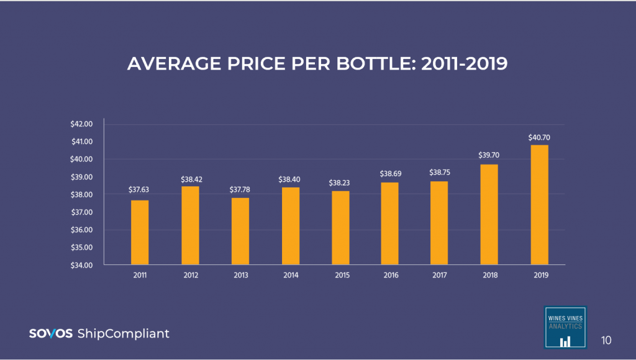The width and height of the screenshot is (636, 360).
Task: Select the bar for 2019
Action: [539, 205]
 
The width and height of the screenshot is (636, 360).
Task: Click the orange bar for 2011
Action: [140, 233]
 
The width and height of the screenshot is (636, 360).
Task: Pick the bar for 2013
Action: [240, 232]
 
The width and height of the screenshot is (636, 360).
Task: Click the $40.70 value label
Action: [539, 137]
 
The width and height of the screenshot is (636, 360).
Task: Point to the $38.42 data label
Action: [191, 179]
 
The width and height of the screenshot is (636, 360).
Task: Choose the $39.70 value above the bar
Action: [489, 155]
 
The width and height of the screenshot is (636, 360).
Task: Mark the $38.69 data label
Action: [390, 174]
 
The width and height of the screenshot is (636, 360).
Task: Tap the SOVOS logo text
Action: [51, 334]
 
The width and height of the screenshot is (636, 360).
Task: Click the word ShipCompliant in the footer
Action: [123, 334]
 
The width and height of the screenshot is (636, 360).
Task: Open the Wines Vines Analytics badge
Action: [565, 327]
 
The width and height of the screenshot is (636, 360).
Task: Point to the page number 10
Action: [606, 340]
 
